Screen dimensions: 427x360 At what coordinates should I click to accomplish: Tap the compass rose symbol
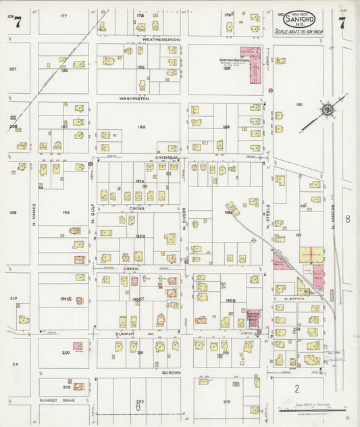pyautogui.click(x=326, y=109)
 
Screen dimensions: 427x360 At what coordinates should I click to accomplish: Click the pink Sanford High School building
pyautogui.click(x=255, y=65)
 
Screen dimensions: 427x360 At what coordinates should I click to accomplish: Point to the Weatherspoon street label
pyautogui.click(x=161, y=40)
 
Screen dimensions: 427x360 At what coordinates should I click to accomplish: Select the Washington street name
pyautogui.click(x=134, y=99)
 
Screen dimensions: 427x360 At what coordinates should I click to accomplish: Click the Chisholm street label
pyautogui.click(x=166, y=157)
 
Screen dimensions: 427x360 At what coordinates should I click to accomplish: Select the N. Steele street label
pyautogui.click(x=267, y=218)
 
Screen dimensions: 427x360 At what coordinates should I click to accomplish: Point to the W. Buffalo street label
pyautogui.click(x=294, y=298)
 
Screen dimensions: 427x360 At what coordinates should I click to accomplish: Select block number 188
pyautogui.click(x=141, y=127)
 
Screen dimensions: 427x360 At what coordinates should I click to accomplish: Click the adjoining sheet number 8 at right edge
pyautogui.click(x=347, y=219)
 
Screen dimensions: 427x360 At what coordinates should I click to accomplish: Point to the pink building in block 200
pyautogui.click(x=78, y=346)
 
